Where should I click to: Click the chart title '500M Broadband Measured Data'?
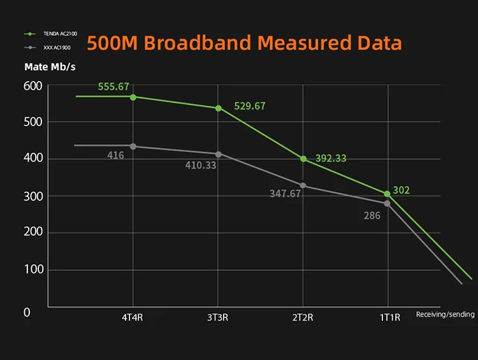(244, 43)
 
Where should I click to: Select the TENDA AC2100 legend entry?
(52, 34)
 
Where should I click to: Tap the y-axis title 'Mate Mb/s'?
(49, 67)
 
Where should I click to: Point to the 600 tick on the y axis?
(33, 86)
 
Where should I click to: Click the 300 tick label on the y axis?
(33, 196)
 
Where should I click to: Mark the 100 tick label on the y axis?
(33, 270)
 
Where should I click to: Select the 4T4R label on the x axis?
(133, 317)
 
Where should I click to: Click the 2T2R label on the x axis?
(302, 317)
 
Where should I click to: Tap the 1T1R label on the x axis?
(389, 317)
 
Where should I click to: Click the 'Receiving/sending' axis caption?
(445, 314)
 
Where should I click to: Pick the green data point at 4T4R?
(133, 97)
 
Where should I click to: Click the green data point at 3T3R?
(219, 108)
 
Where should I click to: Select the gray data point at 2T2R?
(303, 185)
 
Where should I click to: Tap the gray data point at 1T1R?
(387, 203)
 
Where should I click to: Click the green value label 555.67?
(114, 87)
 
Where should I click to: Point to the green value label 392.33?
(331, 159)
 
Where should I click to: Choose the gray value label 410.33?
(201, 165)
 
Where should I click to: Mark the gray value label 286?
(372, 216)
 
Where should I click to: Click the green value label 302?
(401, 190)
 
